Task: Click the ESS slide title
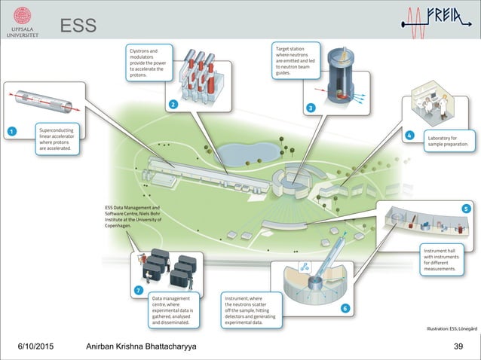(x=78, y=26)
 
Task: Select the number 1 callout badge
(x=11, y=132)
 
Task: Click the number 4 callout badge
(x=409, y=136)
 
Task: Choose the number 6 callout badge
(x=345, y=308)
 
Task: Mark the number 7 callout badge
(x=139, y=290)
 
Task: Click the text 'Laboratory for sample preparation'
(x=450, y=141)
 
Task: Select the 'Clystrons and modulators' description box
(x=148, y=62)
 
